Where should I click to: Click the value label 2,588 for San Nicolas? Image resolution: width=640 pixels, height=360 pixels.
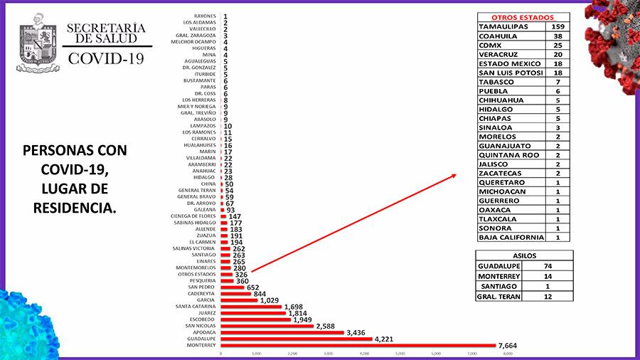(x=329, y=326)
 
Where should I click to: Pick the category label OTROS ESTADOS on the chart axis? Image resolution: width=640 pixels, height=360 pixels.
(x=200, y=274)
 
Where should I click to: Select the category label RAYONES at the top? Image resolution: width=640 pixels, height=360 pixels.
(x=206, y=16)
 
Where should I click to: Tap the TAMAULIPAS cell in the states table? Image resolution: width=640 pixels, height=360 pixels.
(x=506, y=27)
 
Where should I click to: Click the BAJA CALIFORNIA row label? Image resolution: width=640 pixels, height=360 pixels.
(x=511, y=238)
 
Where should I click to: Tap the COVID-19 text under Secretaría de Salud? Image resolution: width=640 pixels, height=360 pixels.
(x=106, y=58)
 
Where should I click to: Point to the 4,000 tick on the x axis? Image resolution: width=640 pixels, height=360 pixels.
(x=364, y=354)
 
